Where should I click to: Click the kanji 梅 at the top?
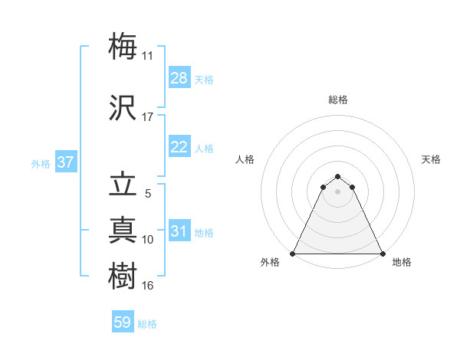pyautogui.click(x=123, y=45)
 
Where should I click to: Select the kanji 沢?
pyautogui.click(x=123, y=106)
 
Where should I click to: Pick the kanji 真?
pyautogui.click(x=123, y=229)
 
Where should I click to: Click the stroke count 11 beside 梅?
pyautogui.click(x=148, y=56)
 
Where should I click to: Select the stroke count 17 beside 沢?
pyautogui.click(x=148, y=117)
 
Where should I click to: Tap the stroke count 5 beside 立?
pyautogui.click(x=148, y=194)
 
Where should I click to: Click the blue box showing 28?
pyautogui.click(x=179, y=78)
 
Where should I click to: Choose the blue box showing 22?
pyautogui.click(x=179, y=147)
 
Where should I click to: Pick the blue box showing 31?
pyautogui.click(x=179, y=231)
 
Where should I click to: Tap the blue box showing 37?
pyautogui.click(x=65, y=162)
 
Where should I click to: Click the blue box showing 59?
pyautogui.click(x=123, y=322)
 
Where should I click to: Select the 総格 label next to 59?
pyautogui.click(x=147, y=324)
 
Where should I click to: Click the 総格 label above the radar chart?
pyautogui.click(x=337, y=100)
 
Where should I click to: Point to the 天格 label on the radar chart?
pyautogui.click(x=431, y=159)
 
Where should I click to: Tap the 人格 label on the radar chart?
pyautogui.click(x=245, y=159)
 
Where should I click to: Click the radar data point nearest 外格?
pyautogui.click(x=293, y=254)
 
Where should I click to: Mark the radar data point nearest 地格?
pyautogui.click(x=382, y=254)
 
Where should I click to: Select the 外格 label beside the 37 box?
pyautogui.click(x=41, y=163)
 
